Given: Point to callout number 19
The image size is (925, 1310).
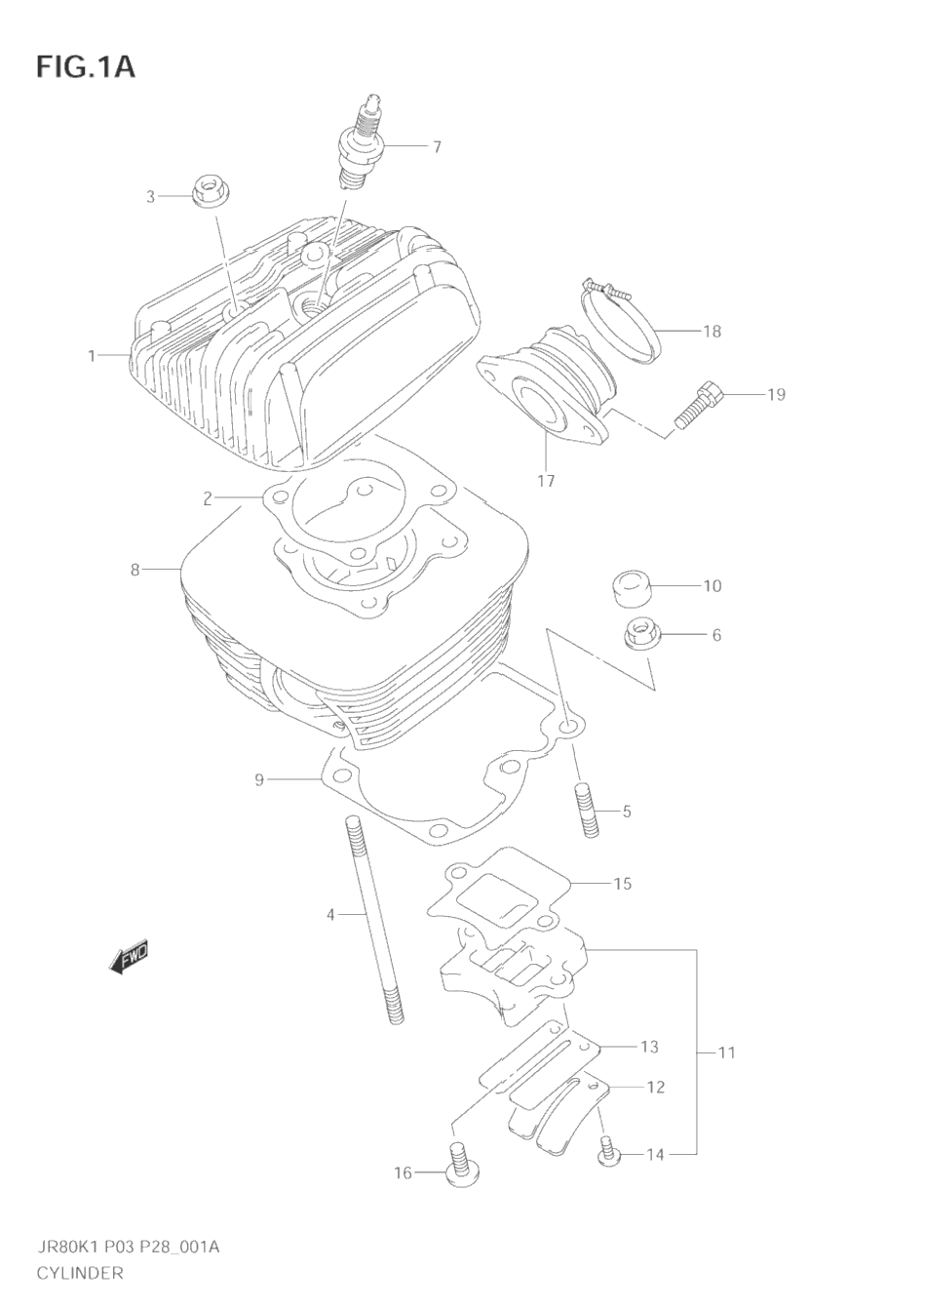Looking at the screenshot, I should pyautogui.click(x=775, y=394).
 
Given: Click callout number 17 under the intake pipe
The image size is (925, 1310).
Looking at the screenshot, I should pyautogui.click(x=546, y=480).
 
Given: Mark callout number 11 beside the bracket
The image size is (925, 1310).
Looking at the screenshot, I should pyautogui.click(x=726, y=1052).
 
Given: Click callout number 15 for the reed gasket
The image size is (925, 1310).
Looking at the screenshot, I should pyautogui.click(x=622, y=884).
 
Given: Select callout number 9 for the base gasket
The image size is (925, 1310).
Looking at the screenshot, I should pyautogui.click(x=259, y=779).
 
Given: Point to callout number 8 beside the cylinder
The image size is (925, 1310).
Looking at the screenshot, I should pyautogui.click(x=135, y=569).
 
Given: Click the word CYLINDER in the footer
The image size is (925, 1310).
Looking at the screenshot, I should pyautogui.click(x=80, y=1273).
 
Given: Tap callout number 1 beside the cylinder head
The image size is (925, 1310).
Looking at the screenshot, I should pyautogui.click(x=93, y=356).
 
